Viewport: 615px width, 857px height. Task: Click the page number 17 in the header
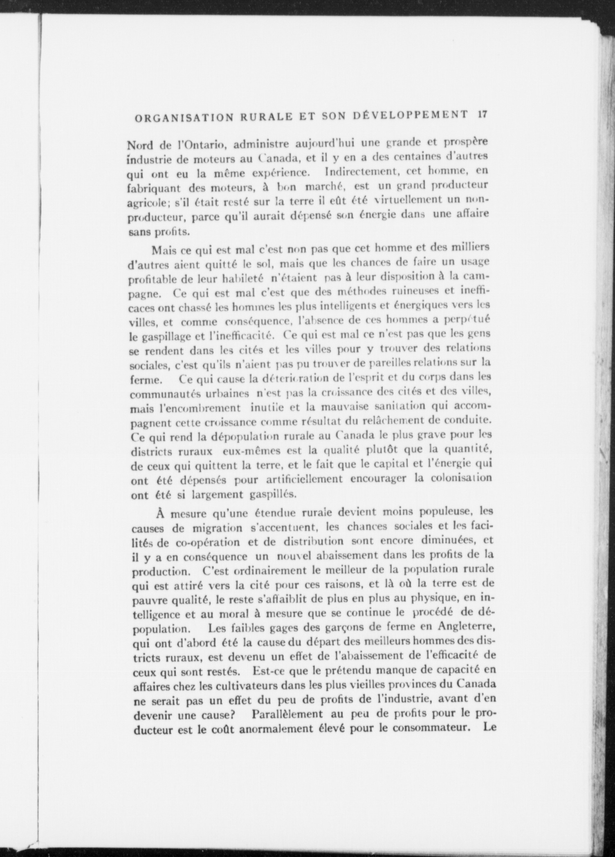pos(481,115)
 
